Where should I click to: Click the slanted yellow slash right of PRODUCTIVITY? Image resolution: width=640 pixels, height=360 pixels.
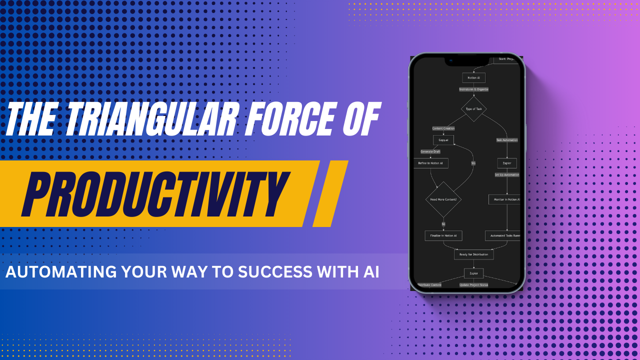tap(330, 193)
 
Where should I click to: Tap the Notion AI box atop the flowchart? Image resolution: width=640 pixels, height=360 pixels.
tap(473, 78)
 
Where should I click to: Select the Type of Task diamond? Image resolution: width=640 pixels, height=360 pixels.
tap(473, 108)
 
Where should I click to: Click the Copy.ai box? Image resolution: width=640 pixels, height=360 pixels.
tap(443, 140)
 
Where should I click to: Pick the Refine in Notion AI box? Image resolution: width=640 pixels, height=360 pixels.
tap(430, 163)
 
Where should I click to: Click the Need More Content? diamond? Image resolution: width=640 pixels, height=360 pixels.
tap(443, 199)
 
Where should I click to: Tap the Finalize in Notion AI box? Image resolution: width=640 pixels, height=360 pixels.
tap(443, 235)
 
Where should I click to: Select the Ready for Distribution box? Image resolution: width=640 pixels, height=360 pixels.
tap(473, 254)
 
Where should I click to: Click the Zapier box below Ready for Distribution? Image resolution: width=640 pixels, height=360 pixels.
tap(473, 273)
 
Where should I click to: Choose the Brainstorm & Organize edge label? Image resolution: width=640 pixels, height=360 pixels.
tap(473, 89)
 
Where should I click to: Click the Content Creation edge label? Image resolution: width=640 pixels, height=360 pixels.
tap(443, 128)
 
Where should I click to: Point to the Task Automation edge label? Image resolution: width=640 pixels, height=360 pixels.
tap(506, 140)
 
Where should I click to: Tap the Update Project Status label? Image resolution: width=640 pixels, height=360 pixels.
tap(473, 285)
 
